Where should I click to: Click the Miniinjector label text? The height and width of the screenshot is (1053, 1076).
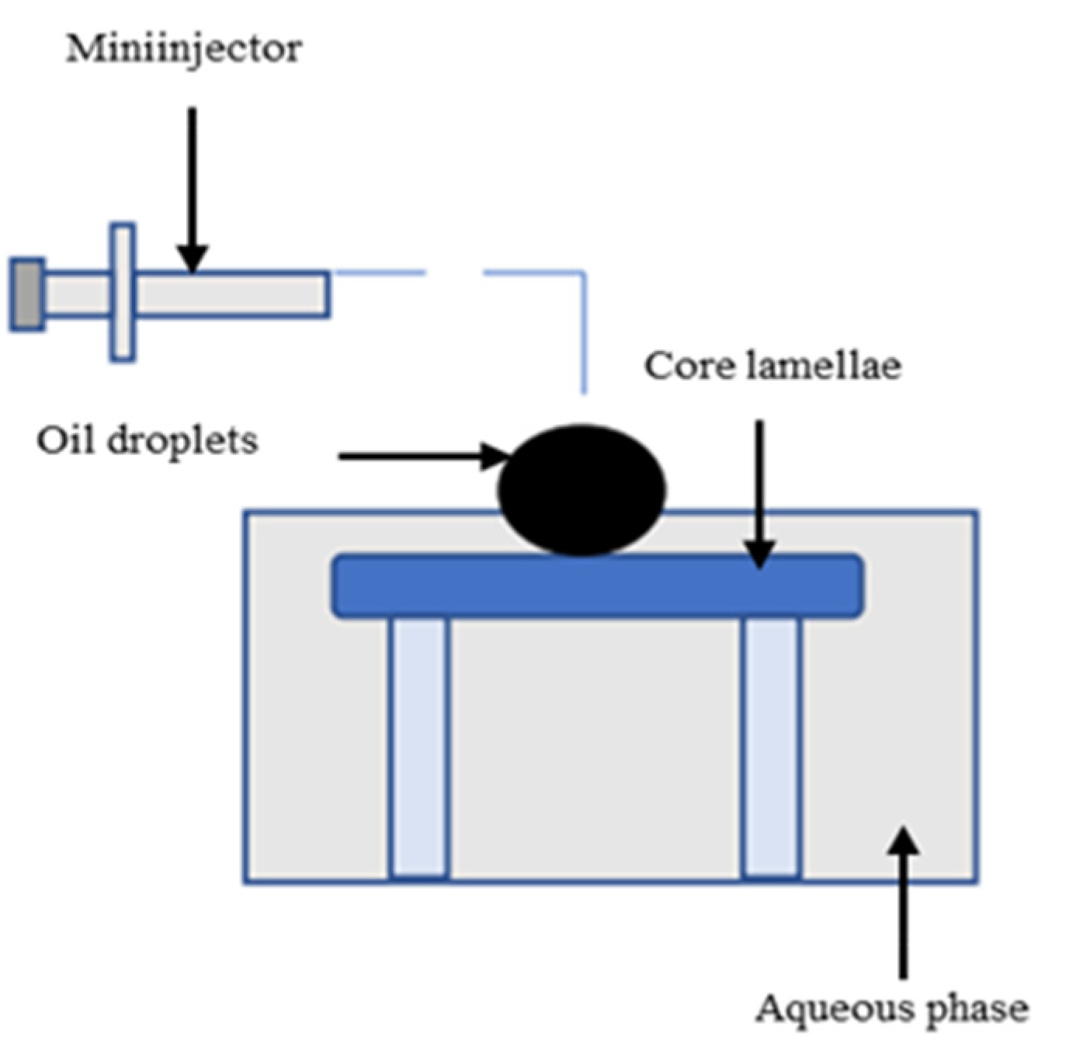point(183,50)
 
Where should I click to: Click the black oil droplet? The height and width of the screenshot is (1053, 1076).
point(581,490)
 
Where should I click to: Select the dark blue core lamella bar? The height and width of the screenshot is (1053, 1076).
point(597,586)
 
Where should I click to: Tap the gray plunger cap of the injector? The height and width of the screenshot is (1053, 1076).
point(27,294)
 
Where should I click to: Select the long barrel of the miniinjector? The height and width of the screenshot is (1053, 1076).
point(233,294)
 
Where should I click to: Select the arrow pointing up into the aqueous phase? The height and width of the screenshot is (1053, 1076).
point(902,901)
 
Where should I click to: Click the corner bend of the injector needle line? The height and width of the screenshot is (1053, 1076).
point(583,273)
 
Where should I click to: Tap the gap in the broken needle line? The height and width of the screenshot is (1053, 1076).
point(454,273)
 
